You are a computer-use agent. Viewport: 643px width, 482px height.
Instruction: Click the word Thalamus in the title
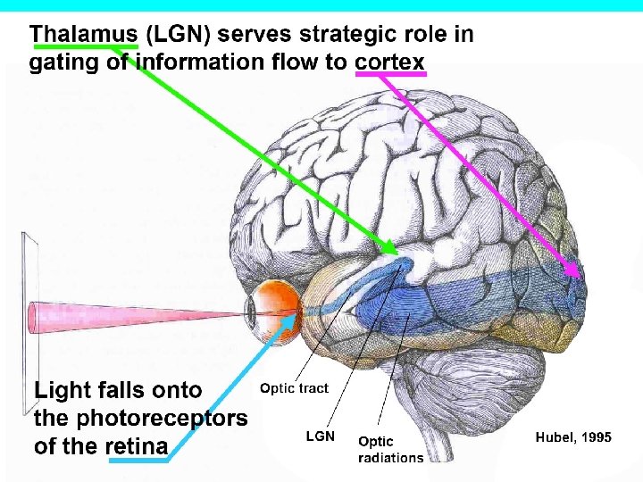[x=83, y=36]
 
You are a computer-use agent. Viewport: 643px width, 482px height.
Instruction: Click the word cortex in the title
[x=390, y=62]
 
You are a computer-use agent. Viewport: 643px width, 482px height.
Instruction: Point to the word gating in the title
[x=61, y=62]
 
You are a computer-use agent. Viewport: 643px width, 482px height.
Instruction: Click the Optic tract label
[x=294, y=388]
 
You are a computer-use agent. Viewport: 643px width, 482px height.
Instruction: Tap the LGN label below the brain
[x=321, y=436]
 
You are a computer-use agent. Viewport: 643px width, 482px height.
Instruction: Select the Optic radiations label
[x=390, y=449]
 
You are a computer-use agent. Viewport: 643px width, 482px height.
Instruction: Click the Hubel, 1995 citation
[x=573, y=437]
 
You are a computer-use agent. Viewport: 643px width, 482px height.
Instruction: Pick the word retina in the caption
[x=136, y=446]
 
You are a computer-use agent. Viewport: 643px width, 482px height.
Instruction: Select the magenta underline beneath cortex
[x=390, y=75]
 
